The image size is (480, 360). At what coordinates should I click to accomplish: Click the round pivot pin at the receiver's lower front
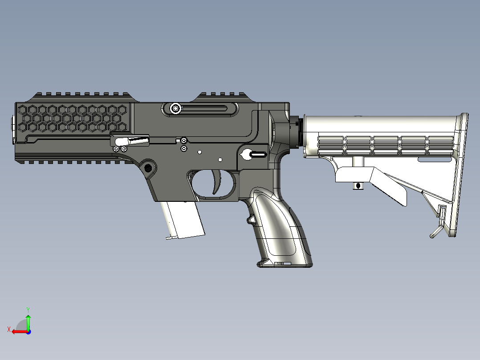[148, 168]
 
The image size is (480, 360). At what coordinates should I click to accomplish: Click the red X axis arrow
[18, 331]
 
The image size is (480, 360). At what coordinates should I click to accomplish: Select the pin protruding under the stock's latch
[357, 185]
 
